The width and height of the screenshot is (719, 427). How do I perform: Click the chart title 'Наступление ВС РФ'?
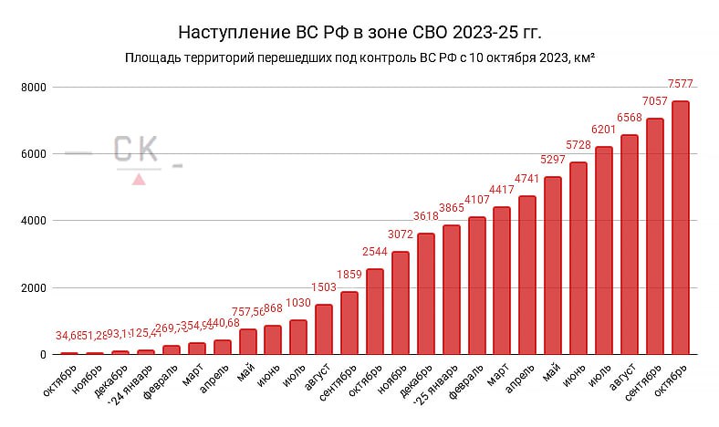359,33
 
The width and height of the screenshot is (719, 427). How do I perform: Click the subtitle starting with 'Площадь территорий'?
359,58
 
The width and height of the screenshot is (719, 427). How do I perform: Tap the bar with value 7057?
654,236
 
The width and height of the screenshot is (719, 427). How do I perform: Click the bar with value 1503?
324,329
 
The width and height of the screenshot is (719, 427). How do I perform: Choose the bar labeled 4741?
527,275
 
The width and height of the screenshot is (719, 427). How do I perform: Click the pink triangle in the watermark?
139,179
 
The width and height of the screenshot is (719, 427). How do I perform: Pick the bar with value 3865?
451,289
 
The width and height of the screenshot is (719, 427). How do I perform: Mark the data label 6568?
630,118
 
